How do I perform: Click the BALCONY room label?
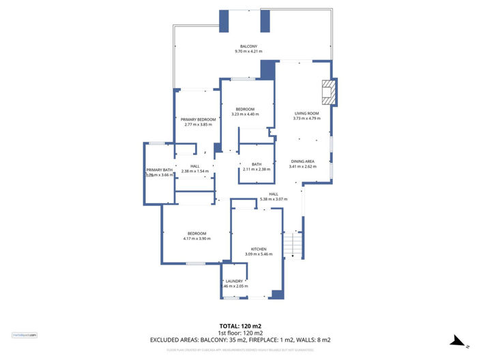[x=248, y=46]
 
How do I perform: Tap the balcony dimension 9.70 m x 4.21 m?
[x=248, y=51]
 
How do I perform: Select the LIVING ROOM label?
[x=306, y=113]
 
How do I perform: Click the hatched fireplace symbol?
[x=329, y=92]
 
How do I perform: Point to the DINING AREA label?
[x=302, y=161]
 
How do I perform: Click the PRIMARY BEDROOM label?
[x=199, y=119]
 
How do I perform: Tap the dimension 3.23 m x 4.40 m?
[x=245, y=115]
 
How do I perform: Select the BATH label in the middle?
[x=257, y=164]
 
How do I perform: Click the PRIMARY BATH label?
[x=158, y=170]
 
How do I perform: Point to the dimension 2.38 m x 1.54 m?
[x=195, y=171]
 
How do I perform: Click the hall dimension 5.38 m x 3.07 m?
[x=274, y=199]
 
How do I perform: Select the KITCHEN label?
[x=258, y=249]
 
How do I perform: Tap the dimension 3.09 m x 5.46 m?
[x=258, y=254]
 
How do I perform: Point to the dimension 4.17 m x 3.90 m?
[x=197, y=239]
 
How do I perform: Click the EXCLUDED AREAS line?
[x=239, y=340]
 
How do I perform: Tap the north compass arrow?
[x=461, y=343]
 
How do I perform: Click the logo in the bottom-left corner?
[x=25, y=335]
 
